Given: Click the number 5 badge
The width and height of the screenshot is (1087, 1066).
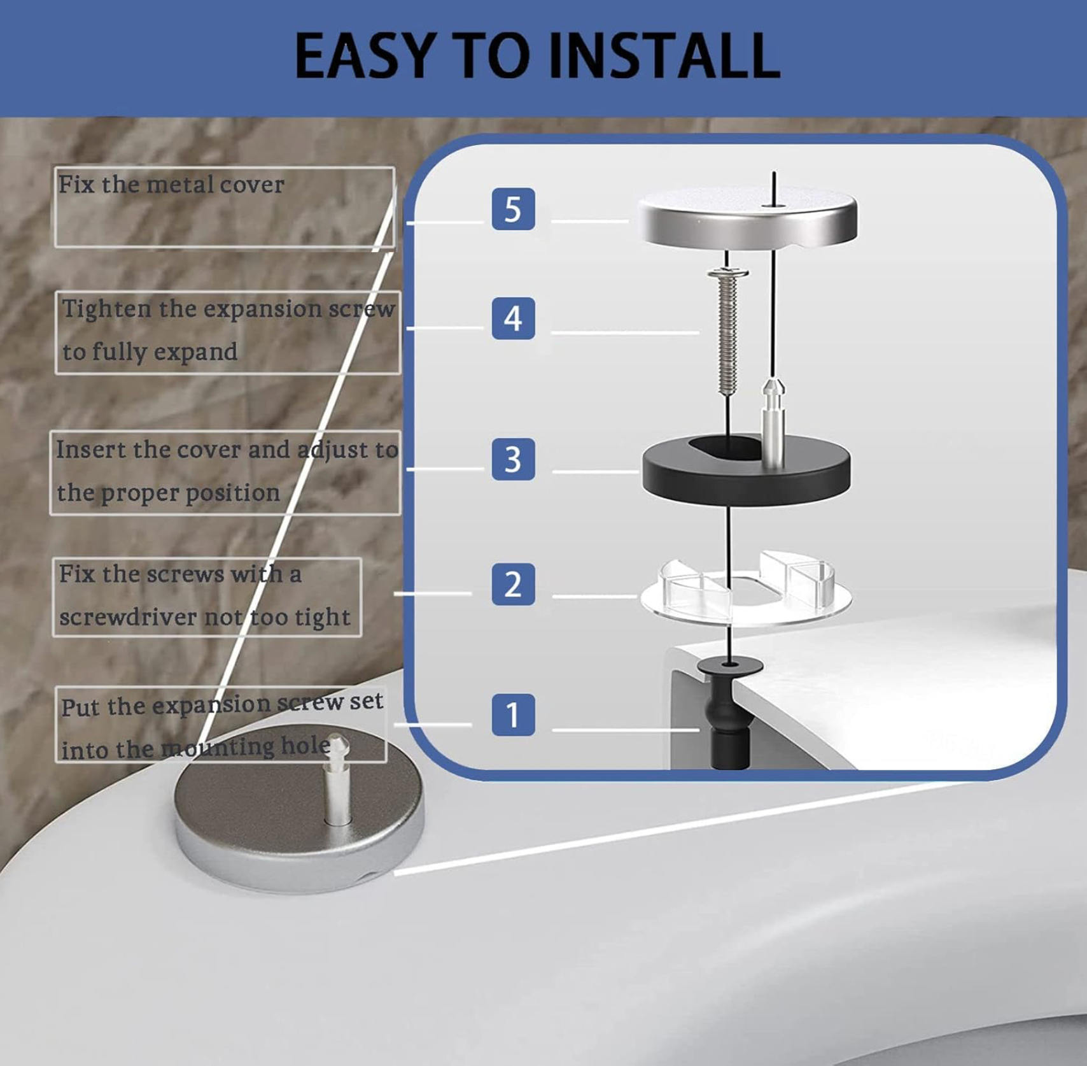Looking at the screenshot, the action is click(x=513, y=209).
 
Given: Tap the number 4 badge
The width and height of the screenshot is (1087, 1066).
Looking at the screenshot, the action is click(x=513, y=318).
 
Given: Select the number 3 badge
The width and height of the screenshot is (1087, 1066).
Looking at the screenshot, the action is click(x=513, y=459).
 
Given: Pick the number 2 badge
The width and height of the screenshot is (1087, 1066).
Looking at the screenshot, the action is click(x=513, y=584).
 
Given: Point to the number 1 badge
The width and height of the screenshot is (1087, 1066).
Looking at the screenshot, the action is click(x=513, y=714).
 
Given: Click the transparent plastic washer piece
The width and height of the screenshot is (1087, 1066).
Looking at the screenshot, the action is click(x=746, y=590).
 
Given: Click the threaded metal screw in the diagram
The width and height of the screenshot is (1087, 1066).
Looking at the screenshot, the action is click(x=727, y=331).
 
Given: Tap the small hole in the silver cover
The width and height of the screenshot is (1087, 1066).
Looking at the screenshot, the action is click(x=773, y=206).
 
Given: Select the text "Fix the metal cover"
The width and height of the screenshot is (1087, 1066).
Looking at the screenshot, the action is click(x=171, y=185).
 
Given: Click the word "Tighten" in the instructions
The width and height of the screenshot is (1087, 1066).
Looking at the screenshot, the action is click(x=106, y=309).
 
